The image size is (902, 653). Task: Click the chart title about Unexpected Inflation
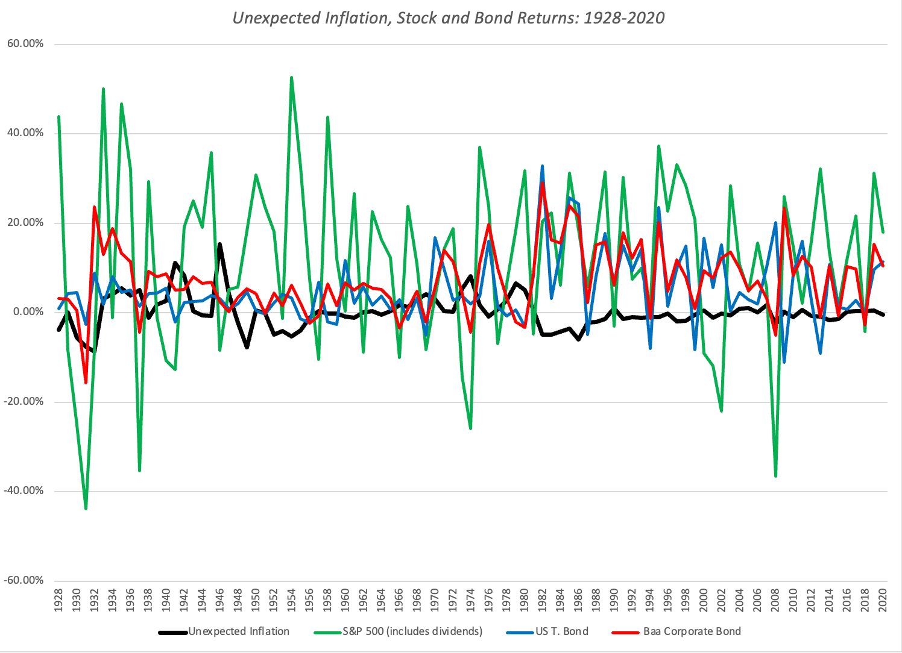point(449,18)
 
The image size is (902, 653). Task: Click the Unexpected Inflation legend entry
point(239,631)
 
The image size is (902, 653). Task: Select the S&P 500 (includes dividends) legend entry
point(412,631)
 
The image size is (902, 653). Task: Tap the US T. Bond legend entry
point(561,631)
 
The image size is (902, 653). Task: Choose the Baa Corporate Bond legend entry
point(692,631)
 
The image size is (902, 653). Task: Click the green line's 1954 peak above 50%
point(292,78)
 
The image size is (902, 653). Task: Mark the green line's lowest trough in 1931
point(86,508)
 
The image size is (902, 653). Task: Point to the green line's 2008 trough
point(775,476)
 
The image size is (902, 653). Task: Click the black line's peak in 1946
point(220,244)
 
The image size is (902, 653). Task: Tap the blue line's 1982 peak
point(543,166)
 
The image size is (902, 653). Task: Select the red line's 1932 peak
point(95,207)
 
